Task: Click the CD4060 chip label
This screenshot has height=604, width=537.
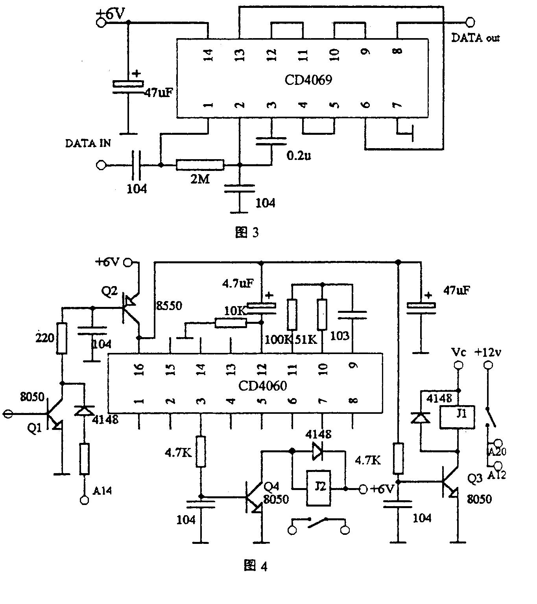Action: tap(262, 386)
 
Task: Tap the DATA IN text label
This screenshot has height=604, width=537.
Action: tap(88, 143)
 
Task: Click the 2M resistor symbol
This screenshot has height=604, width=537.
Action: tap(200, 165)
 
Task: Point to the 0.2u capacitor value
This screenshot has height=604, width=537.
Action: tap(299, 156)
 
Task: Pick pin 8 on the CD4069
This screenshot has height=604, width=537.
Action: tap(398, 51)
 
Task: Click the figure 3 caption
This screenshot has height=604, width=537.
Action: tap(247, 233)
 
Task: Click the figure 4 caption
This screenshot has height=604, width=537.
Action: tap(255, 566)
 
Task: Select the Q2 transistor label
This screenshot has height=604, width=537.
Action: tap(109, 291)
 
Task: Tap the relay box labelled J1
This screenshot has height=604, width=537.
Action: tap(458, 417)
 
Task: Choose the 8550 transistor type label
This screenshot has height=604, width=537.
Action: tap(169, 306)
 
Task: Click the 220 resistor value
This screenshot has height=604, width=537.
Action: tap(44, 337)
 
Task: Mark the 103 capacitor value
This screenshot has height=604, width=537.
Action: tap(340, 336)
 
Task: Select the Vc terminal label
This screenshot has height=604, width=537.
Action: tap(458, 352)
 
